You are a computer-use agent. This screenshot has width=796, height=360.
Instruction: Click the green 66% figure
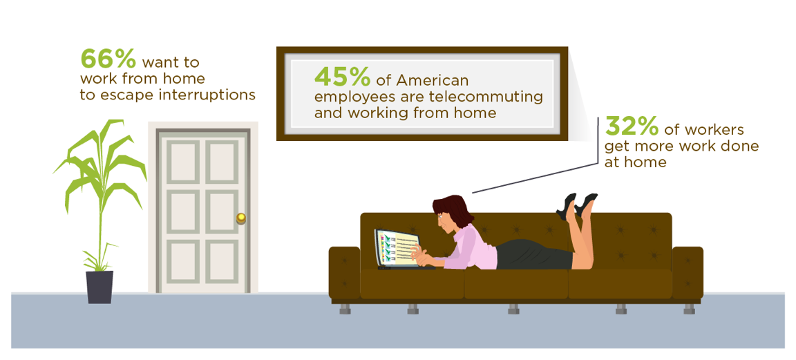108,59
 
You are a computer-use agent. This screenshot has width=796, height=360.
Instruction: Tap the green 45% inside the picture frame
342,77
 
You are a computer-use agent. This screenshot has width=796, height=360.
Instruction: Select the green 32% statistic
632,127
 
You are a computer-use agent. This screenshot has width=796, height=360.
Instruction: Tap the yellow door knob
241,218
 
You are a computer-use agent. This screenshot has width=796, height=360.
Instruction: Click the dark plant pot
99,287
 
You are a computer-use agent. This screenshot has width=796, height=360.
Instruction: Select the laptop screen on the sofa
397,247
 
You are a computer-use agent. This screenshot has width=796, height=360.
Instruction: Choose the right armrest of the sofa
688,272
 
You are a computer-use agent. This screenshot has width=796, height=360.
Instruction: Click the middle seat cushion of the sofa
515,284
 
